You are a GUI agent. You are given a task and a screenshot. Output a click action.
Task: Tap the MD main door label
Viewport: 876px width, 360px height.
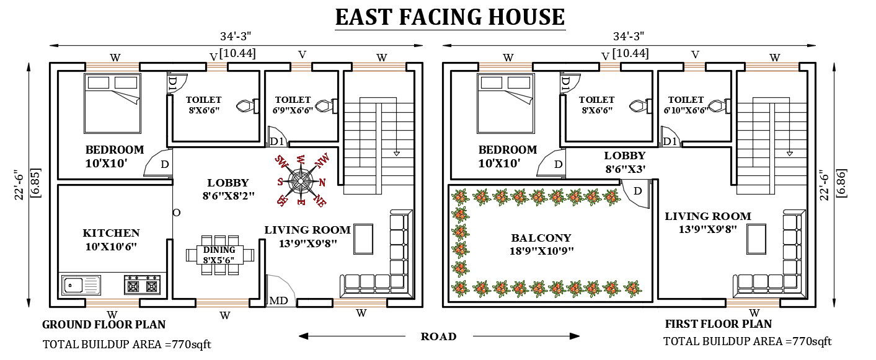tap(278, 301)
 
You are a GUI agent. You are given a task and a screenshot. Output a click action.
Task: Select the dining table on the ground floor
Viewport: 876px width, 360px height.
tap(220, 254)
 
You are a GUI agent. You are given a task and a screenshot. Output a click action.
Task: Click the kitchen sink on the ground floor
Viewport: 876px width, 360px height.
tap(81, 286)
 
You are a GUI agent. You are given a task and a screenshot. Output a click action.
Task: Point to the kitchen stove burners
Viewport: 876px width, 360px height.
tap(143, 285)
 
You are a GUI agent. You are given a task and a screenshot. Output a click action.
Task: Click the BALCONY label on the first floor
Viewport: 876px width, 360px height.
tap(541, 237)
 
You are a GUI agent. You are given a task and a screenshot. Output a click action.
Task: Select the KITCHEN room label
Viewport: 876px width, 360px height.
tap(111, 233)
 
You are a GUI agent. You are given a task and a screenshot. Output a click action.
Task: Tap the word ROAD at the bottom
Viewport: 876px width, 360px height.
tap(438, 336)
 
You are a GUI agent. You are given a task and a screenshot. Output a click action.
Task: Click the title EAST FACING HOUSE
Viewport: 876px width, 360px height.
tap(449, 17)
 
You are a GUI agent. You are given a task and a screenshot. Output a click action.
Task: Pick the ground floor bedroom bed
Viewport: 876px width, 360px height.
tap(112, 103)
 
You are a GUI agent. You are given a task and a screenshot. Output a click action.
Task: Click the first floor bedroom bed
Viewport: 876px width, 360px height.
tap(505, 103)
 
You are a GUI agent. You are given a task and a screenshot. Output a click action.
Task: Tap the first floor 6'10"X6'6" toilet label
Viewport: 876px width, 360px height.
tap(685, 104)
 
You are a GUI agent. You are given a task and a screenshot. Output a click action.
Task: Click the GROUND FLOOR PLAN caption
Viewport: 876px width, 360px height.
tap(104, 324)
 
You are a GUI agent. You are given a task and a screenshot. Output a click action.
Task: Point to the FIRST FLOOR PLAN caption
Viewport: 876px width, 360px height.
tap(718, 323)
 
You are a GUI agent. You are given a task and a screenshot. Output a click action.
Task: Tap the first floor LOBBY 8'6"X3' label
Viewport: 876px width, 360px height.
tap(624, 161)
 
